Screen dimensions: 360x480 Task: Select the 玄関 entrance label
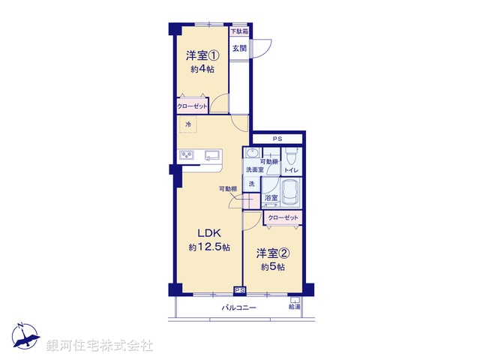click(x=238, y=49)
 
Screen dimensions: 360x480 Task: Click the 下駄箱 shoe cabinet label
click(x=238, y=31)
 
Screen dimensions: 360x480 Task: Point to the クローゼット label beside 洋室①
click(x=192, y=106)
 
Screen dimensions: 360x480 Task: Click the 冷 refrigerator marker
click(x=187, y=124)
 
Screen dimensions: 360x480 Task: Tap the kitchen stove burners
click(x=186, y=156)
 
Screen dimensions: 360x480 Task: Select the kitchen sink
click(x=212, y=156)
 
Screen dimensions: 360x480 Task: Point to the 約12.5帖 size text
click(x=209, y=247)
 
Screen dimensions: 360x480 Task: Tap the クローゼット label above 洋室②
click(x=283, y=217)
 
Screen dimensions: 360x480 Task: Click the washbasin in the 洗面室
click(x=250, y=155)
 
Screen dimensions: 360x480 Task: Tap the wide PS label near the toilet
click(x=277, y=139)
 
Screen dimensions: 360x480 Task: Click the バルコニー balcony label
click(x=238, y=308)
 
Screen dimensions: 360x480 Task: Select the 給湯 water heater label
click(x=294, y=307)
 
